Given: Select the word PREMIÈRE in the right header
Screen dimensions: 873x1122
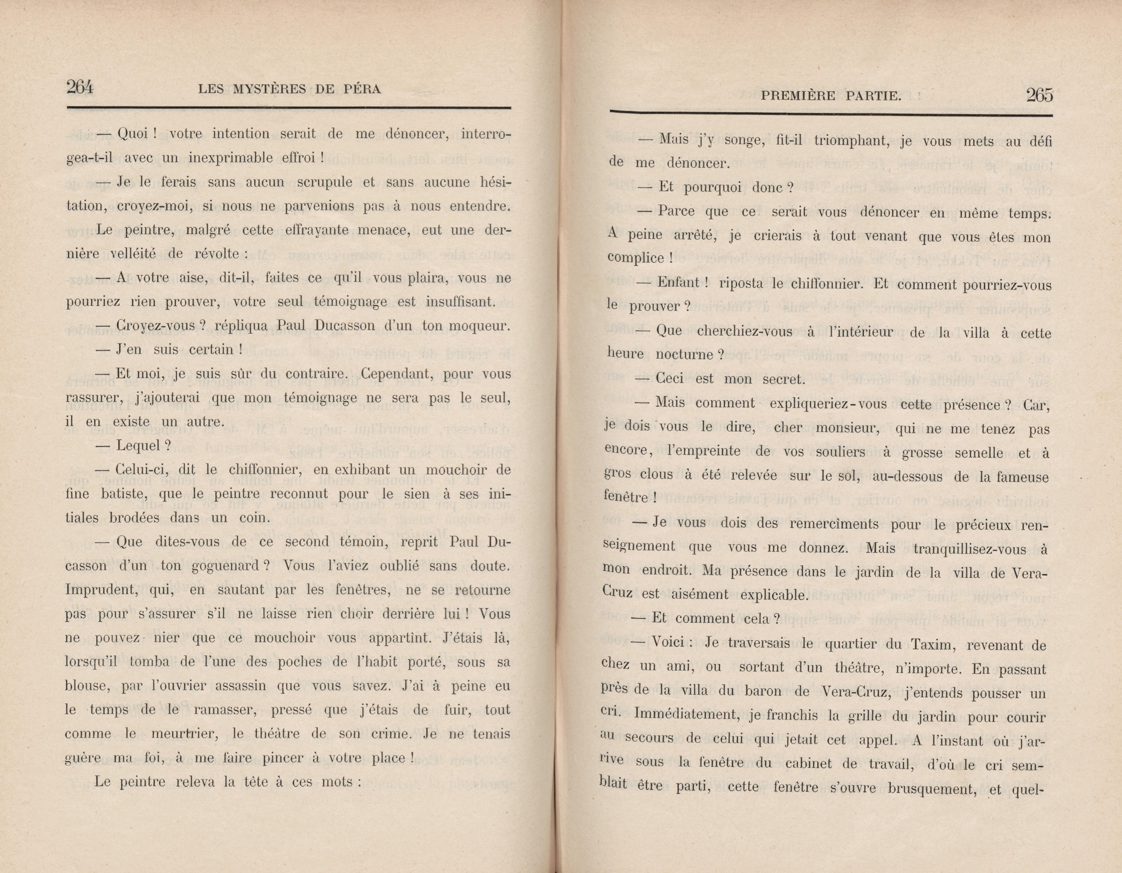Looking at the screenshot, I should coord(795,95).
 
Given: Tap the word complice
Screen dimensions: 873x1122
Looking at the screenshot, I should coord(636,258).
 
